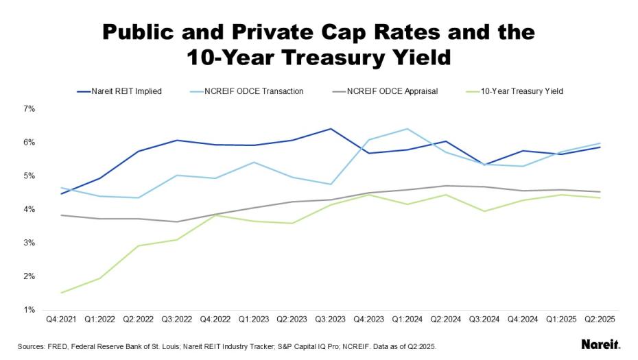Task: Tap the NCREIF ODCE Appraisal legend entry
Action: point(392,91)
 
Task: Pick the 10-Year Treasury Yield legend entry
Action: point(522,91)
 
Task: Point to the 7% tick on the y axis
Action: point(29,108)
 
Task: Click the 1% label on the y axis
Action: point(29,310)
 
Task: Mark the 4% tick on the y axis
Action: point(29,209)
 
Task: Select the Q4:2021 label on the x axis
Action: point(61,319)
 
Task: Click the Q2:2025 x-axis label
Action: point(599,319)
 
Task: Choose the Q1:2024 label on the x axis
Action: point(407,319)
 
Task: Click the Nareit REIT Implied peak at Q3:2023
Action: point(330,129)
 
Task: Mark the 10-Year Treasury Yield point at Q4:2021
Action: point(61,293)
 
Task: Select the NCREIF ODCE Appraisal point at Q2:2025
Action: point(599,192)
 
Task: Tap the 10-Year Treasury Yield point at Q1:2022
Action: point(99,278)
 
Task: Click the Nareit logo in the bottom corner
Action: point(600,344)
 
